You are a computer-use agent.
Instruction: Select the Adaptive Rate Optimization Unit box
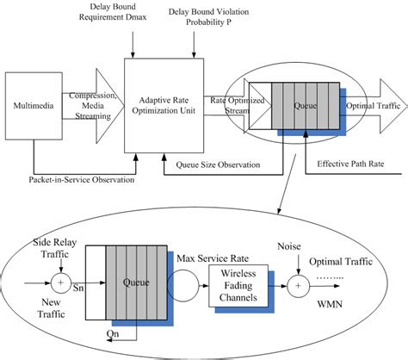click(164, 103)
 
